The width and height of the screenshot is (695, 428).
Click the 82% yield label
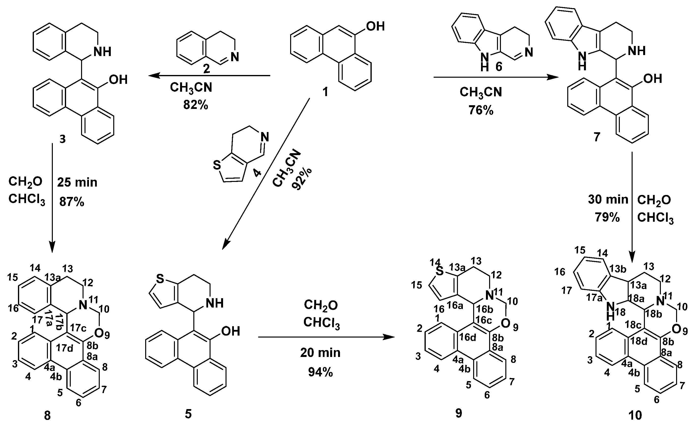pos(196,105)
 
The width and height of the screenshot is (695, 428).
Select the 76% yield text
pos(481,110)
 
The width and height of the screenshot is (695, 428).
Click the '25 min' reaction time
pos(77,183)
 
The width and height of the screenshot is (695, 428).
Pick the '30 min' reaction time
pos(608,200)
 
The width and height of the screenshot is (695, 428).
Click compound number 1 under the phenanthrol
pos(325,92)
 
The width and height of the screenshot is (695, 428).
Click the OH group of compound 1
pos(375,26)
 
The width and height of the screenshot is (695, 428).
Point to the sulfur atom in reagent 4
pos(217,165)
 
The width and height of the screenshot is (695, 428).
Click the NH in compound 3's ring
pos(102,52)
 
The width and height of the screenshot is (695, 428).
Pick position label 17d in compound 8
pos(65,348)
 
